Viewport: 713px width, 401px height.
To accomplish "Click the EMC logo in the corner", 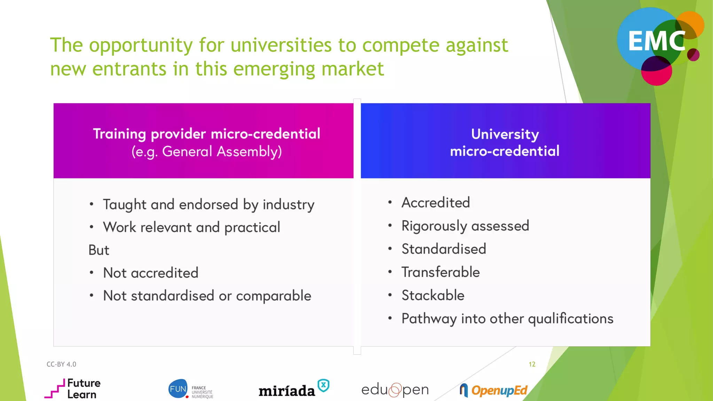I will pos(658,44).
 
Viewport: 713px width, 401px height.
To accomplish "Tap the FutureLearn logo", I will pos(73,388).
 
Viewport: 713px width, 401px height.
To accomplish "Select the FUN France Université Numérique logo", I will pos(190,389).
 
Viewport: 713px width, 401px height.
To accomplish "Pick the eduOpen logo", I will pos(395,390).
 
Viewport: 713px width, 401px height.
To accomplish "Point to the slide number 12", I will pos(532,364).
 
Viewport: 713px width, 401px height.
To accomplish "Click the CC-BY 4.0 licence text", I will pos(61,364).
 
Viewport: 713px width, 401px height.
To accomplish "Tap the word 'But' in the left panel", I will pos(99,250).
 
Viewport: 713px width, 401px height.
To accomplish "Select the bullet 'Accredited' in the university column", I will pos(436,203).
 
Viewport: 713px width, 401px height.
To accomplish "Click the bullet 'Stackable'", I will pos(433,295).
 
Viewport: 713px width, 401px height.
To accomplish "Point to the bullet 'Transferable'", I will pos(440,272).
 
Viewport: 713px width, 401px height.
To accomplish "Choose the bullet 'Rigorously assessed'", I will pos(465,226).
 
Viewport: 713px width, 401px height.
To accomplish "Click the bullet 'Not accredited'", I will pos(150,273).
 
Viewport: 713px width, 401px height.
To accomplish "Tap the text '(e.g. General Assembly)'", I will pos(206,152).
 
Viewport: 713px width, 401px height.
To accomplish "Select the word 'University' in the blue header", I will pos(505,134).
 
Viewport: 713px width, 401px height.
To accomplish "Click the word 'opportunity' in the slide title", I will pos(141,46).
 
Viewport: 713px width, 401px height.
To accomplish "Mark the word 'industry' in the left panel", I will pos(288,205).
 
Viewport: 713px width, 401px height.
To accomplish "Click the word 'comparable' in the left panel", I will pos(273,296).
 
